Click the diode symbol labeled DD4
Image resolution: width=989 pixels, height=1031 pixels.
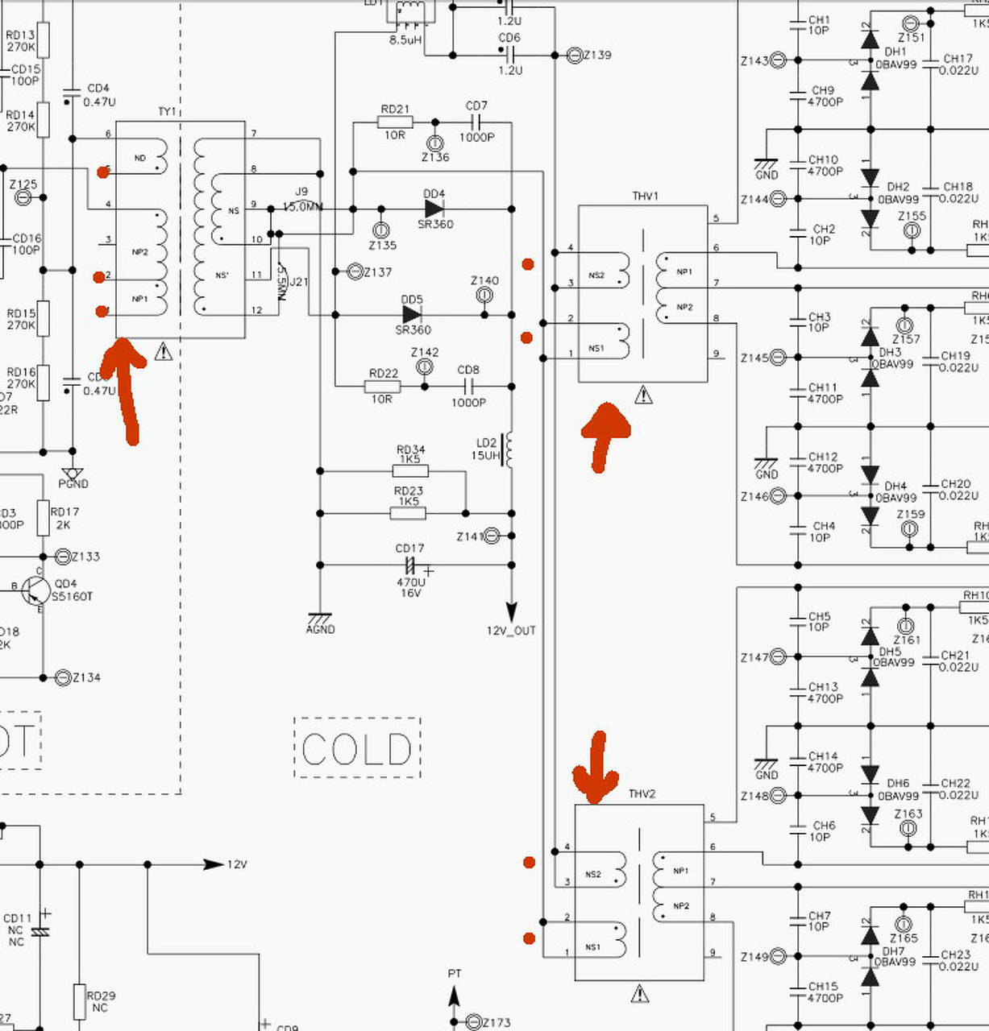coord(434,209)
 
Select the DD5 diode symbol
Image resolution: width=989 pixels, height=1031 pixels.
coord(412,314)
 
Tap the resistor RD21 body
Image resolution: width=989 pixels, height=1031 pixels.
coord(395,122)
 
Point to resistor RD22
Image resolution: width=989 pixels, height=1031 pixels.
coord(383,387)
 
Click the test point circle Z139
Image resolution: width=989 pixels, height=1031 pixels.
coord(574,56)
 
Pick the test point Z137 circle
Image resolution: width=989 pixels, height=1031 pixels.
coord(355,272)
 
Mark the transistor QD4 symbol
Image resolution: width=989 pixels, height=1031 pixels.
coord(35,590)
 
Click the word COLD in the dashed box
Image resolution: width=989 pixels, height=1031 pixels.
coord(357,749)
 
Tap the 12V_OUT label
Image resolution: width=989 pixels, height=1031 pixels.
coord(511,631)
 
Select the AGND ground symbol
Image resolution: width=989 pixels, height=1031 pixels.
coord(320,621)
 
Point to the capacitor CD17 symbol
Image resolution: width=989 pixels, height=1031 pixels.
coord(409,565)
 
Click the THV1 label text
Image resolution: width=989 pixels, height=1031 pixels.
coord(645,196)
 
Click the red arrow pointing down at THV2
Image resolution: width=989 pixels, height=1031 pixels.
coord(596,769)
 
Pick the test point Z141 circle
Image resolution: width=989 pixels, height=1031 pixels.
coord(492,536)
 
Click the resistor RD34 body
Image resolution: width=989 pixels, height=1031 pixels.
coord(410,471)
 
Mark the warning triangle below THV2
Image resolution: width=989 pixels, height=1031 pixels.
coord(640,993)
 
